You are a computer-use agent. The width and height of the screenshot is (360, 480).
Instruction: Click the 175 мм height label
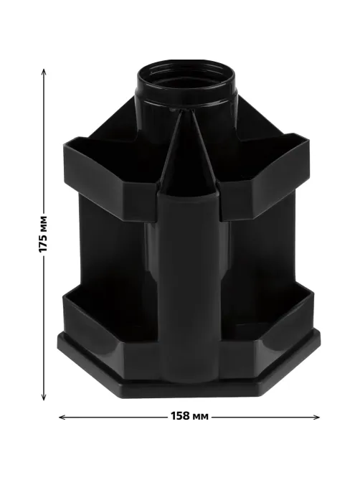pyautogui.click(x=44, y=234)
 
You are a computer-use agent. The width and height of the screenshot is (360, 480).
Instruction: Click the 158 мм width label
pyautogui.click(x=189, y=416)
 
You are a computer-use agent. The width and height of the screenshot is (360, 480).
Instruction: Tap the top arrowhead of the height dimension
pyautogui.click(x=44, y=72)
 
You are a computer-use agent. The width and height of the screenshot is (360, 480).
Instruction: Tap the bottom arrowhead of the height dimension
pyautogui.click(x=44, y=397)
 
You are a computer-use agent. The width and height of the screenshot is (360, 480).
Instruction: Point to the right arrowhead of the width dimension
pyautogui.click(x=316, y=417)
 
